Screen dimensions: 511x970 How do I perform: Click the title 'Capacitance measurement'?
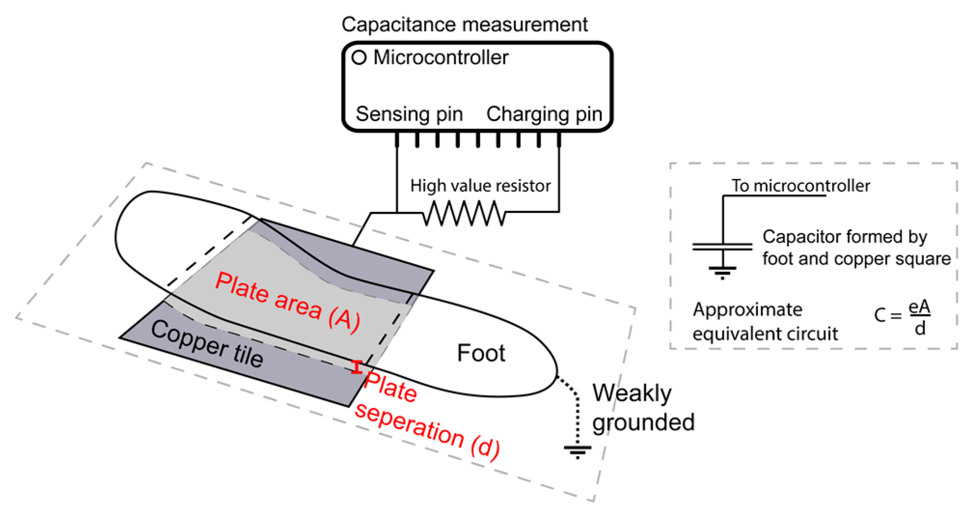(464, 24)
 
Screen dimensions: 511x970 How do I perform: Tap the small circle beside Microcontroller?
(359, 57)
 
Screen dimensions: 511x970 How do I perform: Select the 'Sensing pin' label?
(409, 114)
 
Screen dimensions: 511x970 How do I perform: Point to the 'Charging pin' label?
(544, 114)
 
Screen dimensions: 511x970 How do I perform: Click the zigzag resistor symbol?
(464, 213)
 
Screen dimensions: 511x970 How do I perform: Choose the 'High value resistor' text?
(480, 186)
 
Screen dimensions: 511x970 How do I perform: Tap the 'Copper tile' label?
(207, 344)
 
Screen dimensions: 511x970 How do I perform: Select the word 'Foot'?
(480, 353)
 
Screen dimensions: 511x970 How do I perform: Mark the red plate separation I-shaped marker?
(356, 367)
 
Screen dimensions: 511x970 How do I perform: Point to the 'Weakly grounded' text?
(642, 408)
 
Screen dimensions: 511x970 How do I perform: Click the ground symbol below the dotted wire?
(577, 452)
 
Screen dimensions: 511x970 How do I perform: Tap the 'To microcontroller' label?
(800, 186)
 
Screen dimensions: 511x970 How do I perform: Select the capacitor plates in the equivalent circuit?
(722, 247)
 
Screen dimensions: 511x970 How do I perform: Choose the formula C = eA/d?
(902, 317)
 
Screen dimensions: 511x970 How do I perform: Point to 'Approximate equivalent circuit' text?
(765, 321)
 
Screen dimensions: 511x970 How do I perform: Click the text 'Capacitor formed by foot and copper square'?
(856, 248)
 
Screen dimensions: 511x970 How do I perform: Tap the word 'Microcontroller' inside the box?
(440, 57)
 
